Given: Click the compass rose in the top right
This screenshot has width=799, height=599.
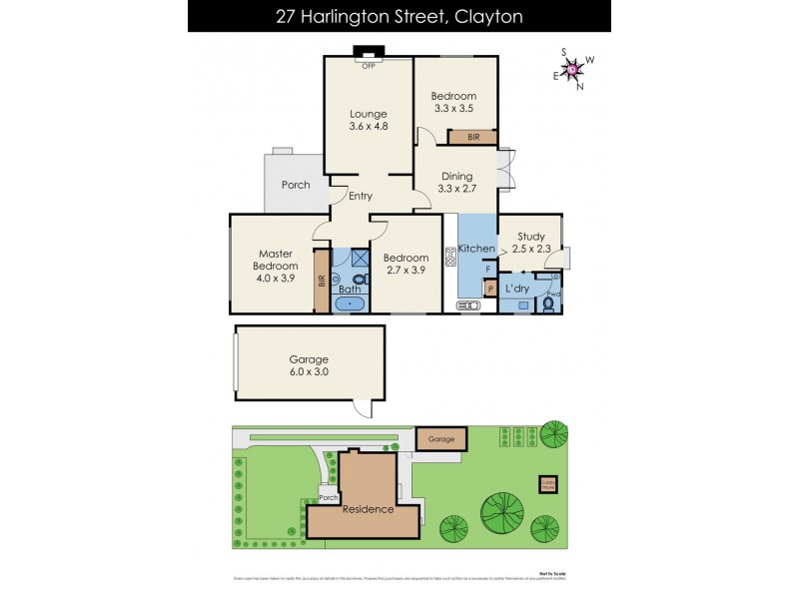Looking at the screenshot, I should click(573, 68).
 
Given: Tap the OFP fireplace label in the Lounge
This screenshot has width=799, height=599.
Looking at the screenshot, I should click(368, 66).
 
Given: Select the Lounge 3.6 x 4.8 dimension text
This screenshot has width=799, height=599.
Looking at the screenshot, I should click(368, 127).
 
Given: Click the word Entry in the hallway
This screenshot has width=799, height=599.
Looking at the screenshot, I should click(360, 197).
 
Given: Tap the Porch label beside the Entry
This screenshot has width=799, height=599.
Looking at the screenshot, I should click(296, 185).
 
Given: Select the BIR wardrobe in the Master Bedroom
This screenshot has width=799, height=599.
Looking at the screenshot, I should click(322, 281).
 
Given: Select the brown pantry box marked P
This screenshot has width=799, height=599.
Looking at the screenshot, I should click(489, 289).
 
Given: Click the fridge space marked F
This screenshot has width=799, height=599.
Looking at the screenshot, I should click(487, 269).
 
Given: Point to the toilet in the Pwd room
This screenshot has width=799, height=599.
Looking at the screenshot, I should click(546, 305).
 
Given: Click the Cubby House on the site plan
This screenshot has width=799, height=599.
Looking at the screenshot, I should click(548, 483).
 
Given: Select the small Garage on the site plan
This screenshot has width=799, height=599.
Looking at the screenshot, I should click(440, 438).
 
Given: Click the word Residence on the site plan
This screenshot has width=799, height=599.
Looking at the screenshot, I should click(369, 509).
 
